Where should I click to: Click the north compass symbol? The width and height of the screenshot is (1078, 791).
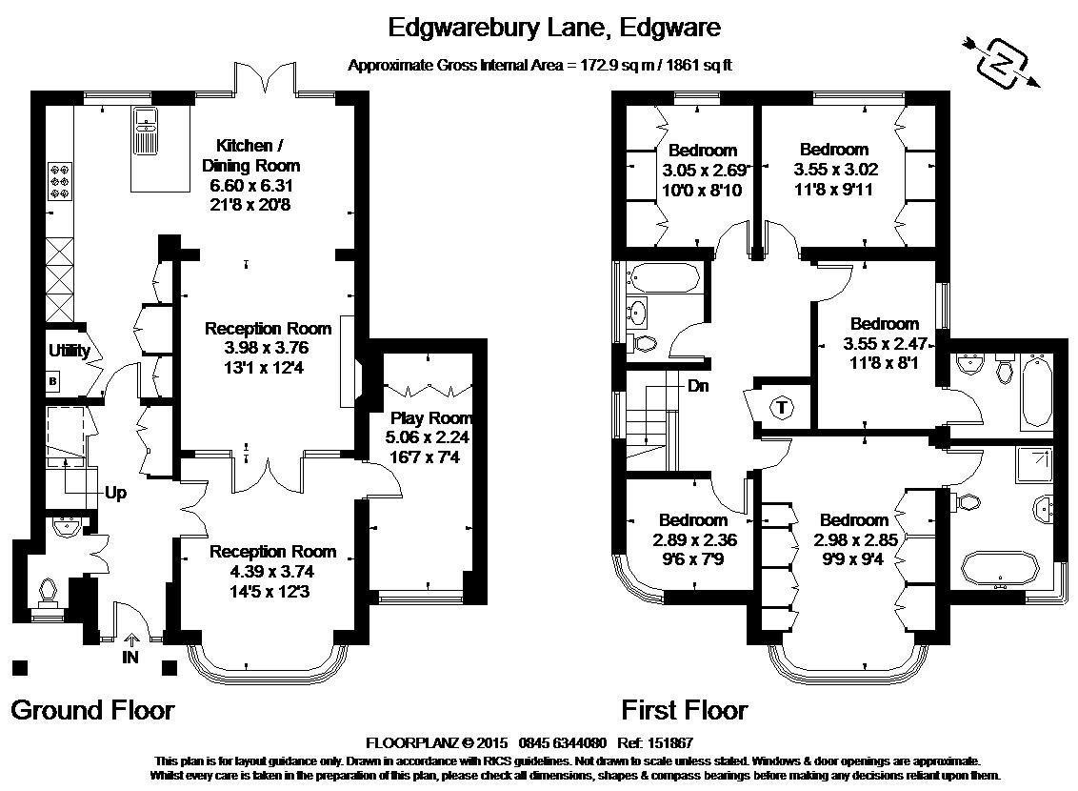click(x=1002, y=63)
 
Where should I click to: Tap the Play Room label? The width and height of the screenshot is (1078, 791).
click(x=431, y=417)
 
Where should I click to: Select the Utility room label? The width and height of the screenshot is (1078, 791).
click(x=69, y=350)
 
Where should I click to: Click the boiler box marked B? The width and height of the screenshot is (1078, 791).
click(x=53, y=381)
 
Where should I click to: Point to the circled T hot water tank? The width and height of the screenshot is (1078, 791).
click(x=782, y=407)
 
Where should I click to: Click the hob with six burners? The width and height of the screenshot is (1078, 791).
click(x=59, y=181)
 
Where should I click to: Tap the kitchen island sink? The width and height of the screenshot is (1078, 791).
click(x=146, y=131)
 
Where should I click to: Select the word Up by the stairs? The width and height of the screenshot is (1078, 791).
click(x=115, y=493)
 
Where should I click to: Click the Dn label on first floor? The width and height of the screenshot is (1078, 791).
click(x=698, y=386)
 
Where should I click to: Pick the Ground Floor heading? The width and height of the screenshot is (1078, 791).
click(x=92, y=710)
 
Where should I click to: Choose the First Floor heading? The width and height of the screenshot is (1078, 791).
click(x=684, y=710)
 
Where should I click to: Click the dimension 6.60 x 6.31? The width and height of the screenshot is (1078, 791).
click(x=251, y=185)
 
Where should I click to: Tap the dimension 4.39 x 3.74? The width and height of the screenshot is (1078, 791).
click(x=272, y=572)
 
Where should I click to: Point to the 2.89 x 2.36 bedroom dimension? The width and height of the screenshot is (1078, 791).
click(x=695, y=540)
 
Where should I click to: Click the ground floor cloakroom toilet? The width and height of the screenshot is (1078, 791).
click(x=48, y=595)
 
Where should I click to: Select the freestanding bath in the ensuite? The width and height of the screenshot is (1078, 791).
click(x=1000, y=570)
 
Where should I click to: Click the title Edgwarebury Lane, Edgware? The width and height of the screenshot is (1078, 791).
click(x=555, y=28)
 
